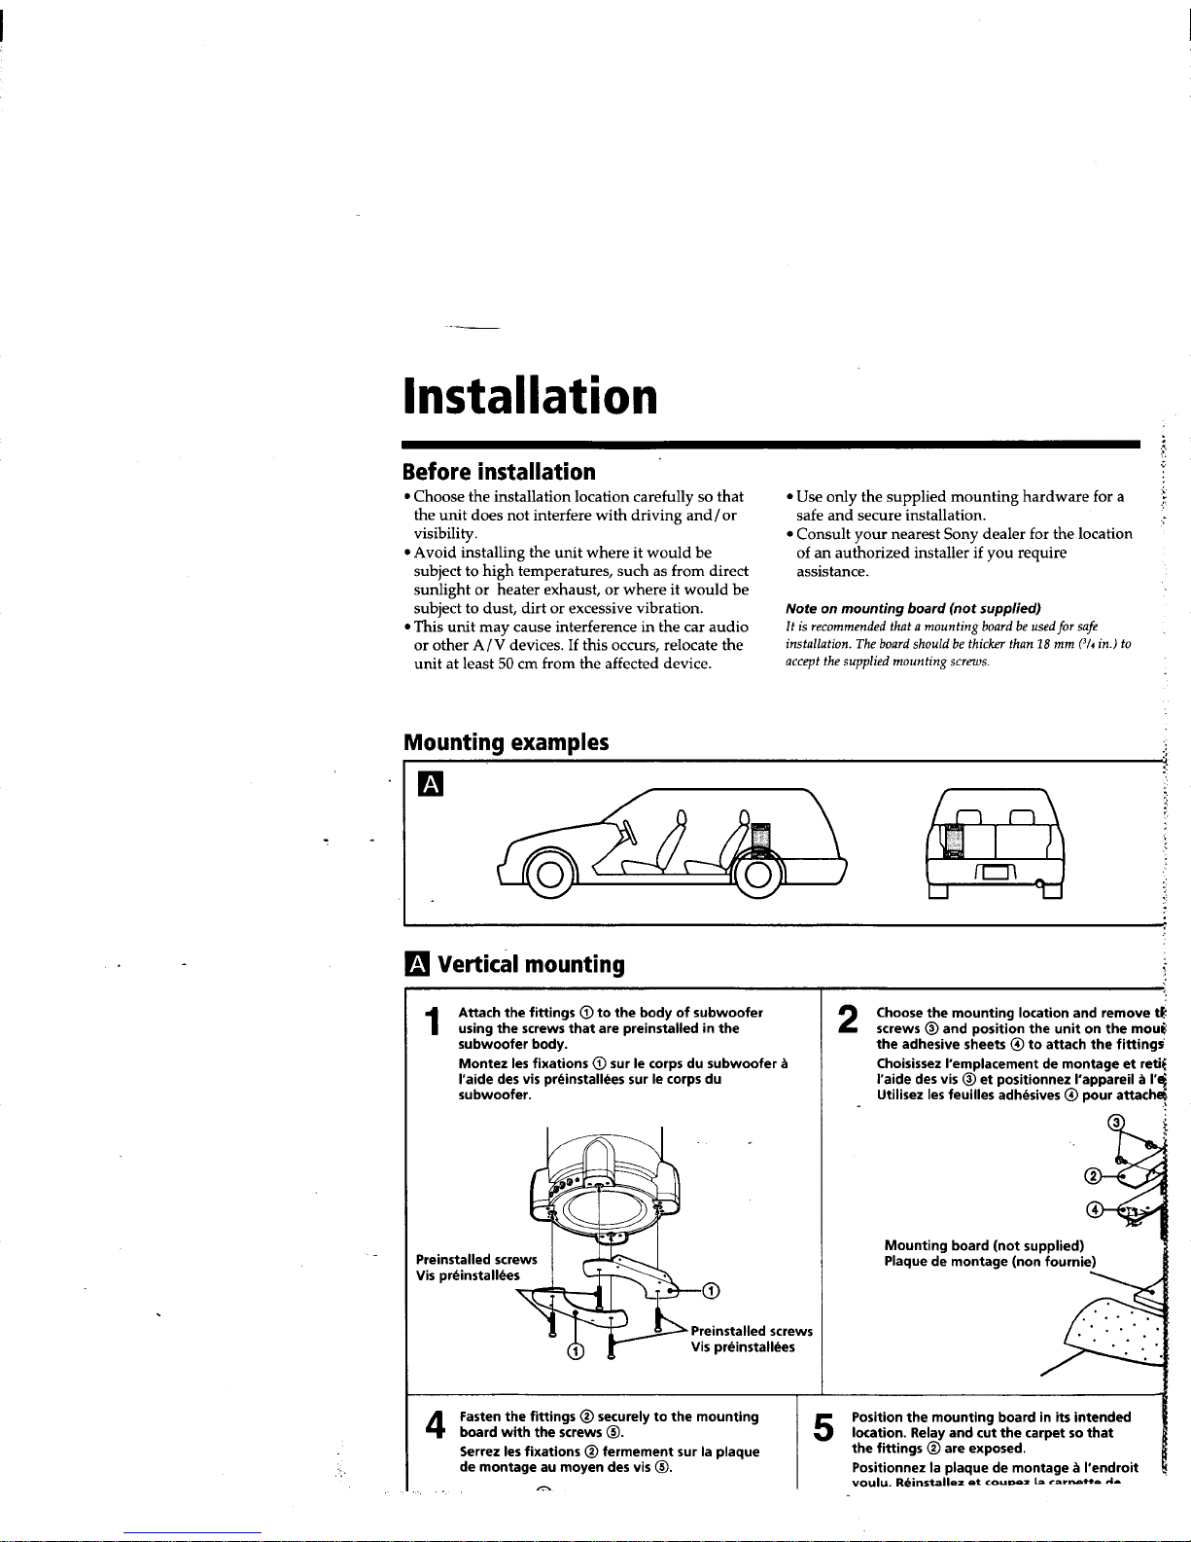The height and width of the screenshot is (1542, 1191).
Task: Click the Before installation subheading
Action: (x=499, y=472)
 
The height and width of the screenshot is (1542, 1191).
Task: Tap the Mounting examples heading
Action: (x=506, y=742)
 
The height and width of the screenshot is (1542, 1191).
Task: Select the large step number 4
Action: (x=434, y=1426)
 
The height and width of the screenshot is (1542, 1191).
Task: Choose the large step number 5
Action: (x=823, y=1427)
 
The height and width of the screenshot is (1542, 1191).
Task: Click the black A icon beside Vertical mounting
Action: (x=416, y=964)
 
